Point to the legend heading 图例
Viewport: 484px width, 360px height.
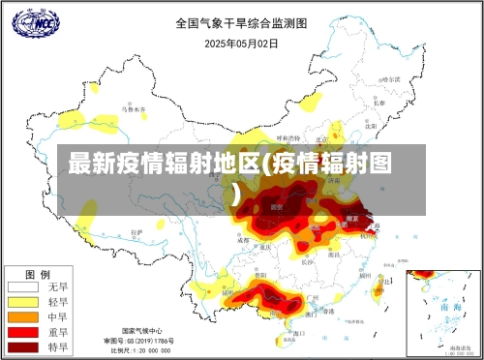click(38, 273)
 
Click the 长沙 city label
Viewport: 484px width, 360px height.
click(308, 260)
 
